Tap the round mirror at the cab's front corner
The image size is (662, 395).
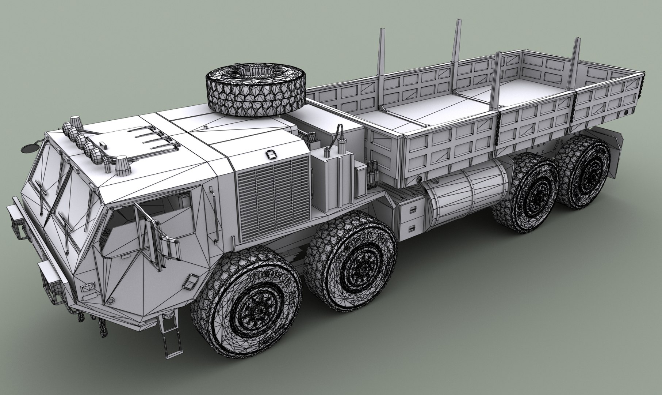point(30,148)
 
